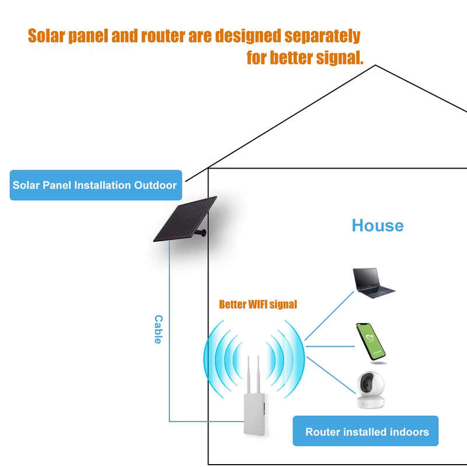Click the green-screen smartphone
371,341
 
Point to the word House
377,226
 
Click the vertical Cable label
158,329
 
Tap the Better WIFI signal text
257,304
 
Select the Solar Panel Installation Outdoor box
95,185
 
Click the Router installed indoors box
366,432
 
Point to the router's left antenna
248,373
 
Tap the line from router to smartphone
330,346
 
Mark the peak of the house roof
375,65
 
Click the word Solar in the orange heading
49,36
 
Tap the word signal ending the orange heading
335,58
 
